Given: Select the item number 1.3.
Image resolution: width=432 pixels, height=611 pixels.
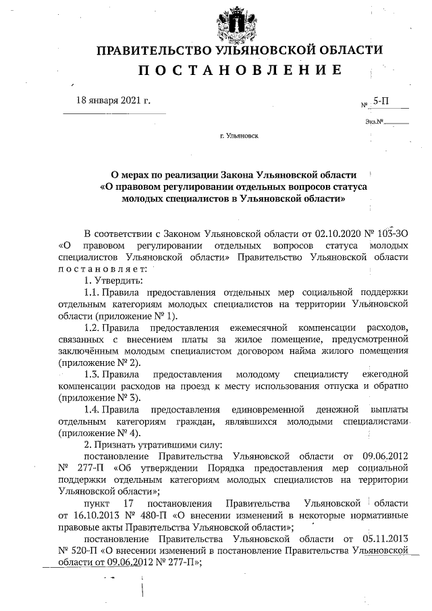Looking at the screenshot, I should pyautogui.click(x=93, y=374).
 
